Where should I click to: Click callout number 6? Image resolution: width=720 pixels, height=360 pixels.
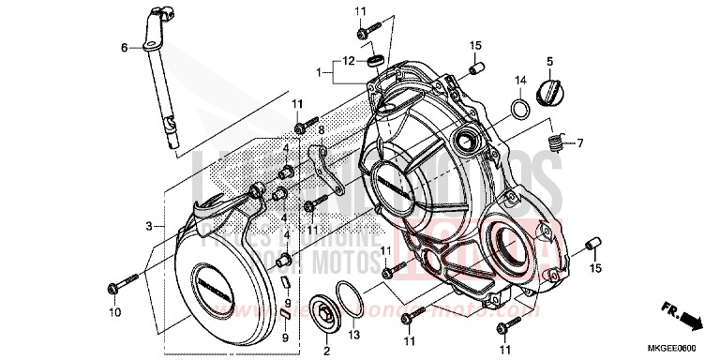(123, 47)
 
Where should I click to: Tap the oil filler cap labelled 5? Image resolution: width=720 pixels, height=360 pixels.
(547, 92)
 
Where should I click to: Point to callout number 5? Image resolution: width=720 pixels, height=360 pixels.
(549, 62)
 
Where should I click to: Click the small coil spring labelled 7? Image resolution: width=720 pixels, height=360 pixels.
(555, 143)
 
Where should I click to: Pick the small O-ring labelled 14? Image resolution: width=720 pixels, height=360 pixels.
(517, 109)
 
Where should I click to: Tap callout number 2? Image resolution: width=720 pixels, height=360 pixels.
(326, 350)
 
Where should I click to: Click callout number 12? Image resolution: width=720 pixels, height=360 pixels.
(349, 61)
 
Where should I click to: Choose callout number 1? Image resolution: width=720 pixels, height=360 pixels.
(320, 71)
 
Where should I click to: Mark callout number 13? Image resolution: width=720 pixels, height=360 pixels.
(353, 336)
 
